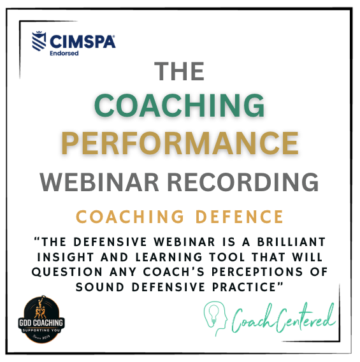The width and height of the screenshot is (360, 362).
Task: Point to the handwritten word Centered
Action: [x=303, y=317]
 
